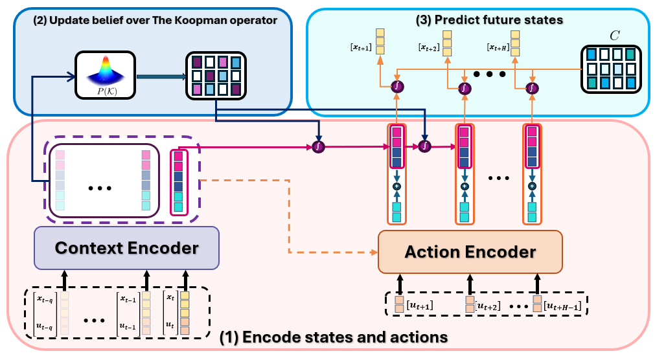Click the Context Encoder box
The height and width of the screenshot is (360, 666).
pyautogui.click(x=127, y=247)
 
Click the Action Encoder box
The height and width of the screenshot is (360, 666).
pyautogui.click(x=470, y=252)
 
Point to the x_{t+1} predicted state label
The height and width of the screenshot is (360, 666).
pyautogui.click(x=362, y=46)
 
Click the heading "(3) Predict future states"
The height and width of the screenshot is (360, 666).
pyautogui.click(x=489, y=20)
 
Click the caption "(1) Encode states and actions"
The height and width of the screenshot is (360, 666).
pyautogui.click(x=334, y=337)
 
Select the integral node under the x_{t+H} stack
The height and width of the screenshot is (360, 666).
pyautogui.click(x=531, y=87)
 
